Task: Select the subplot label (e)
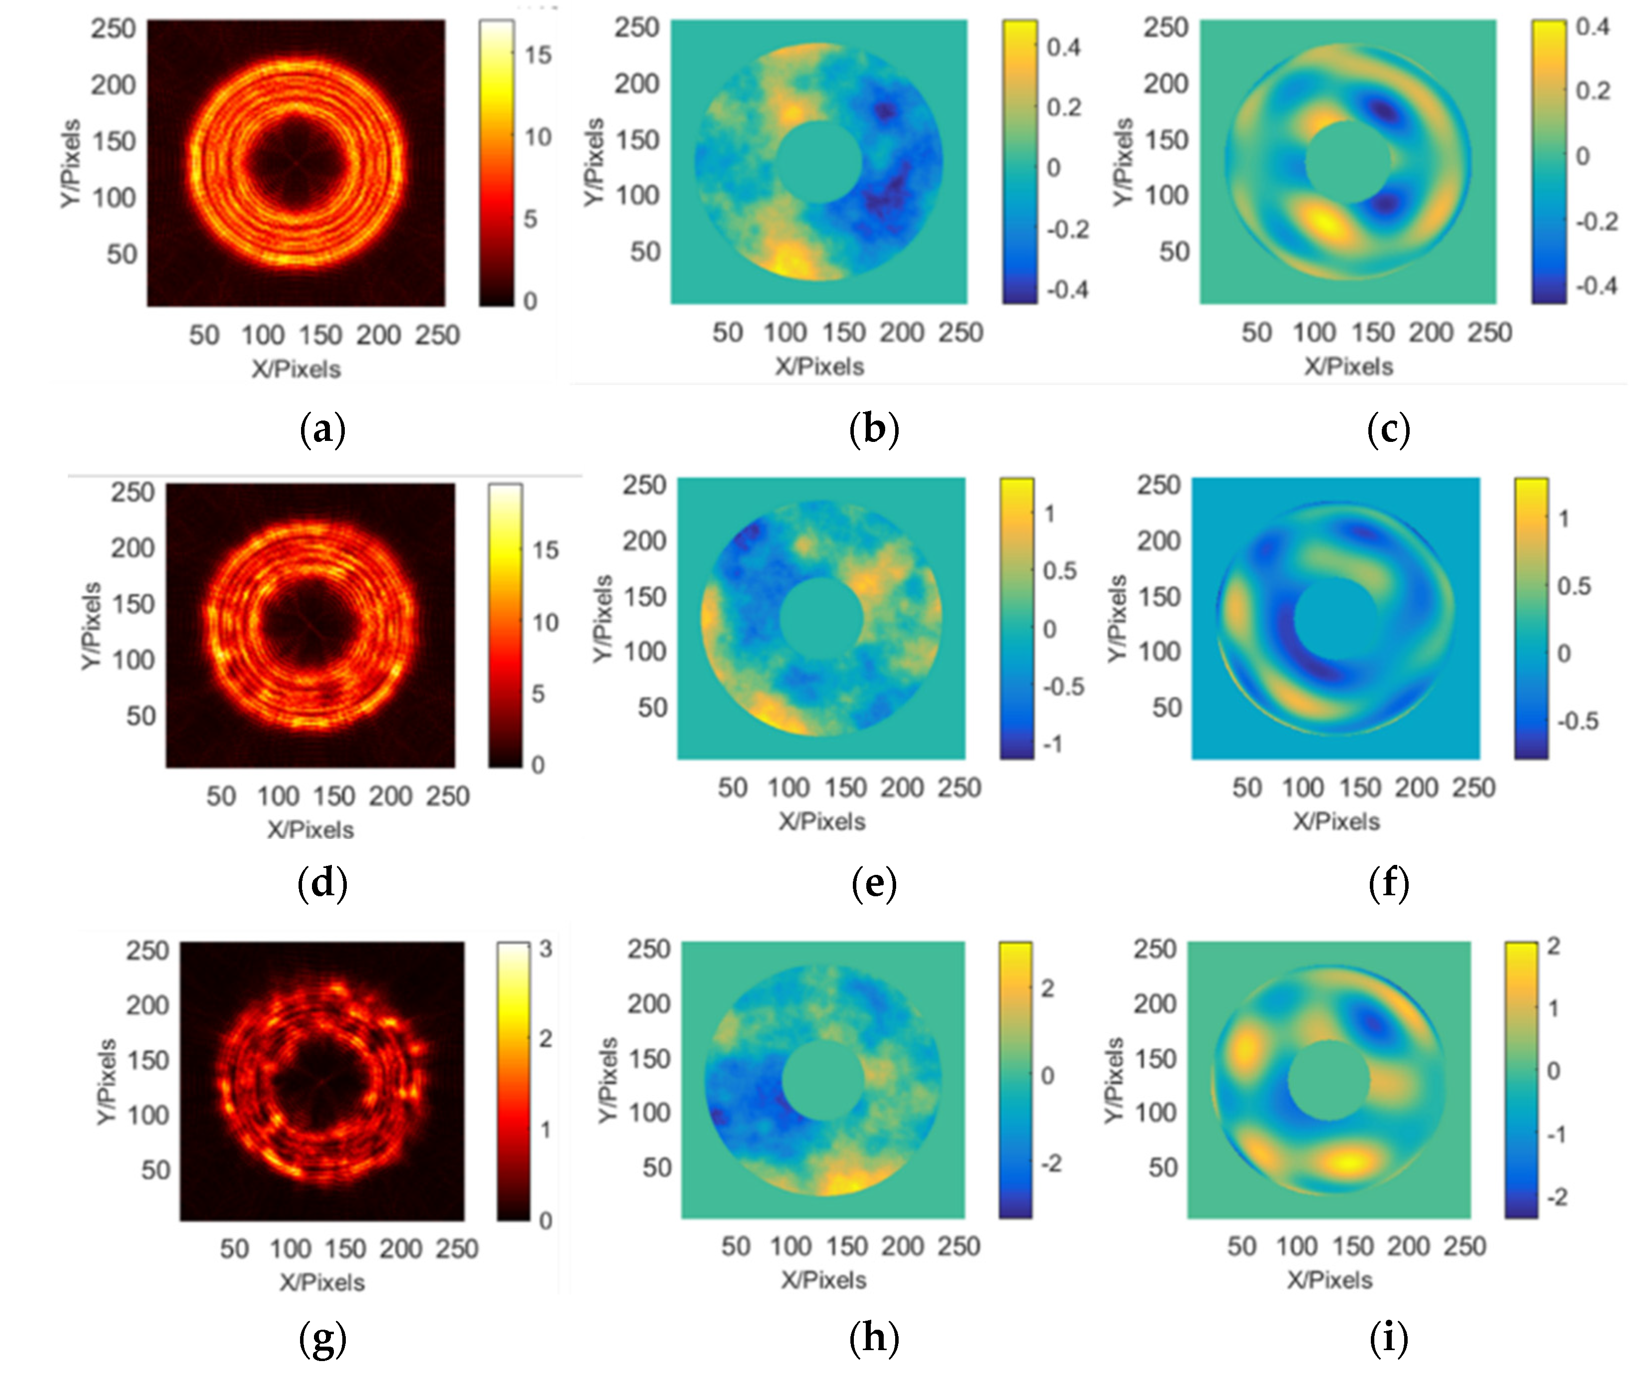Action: point(874,883)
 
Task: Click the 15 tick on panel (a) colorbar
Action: point(538,55)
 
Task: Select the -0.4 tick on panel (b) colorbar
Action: point(1067,290)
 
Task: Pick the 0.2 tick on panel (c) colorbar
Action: point(1593,91)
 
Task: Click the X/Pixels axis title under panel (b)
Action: point(820,367)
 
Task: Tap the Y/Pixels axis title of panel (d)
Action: point(92,626)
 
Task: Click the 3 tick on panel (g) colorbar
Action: point(546,950)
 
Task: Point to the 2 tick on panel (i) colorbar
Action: point(1553,946)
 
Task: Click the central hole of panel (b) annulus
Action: point(819,162)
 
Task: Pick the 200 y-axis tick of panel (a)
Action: point(113,85)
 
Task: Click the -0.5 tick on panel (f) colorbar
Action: point(1577,721)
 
